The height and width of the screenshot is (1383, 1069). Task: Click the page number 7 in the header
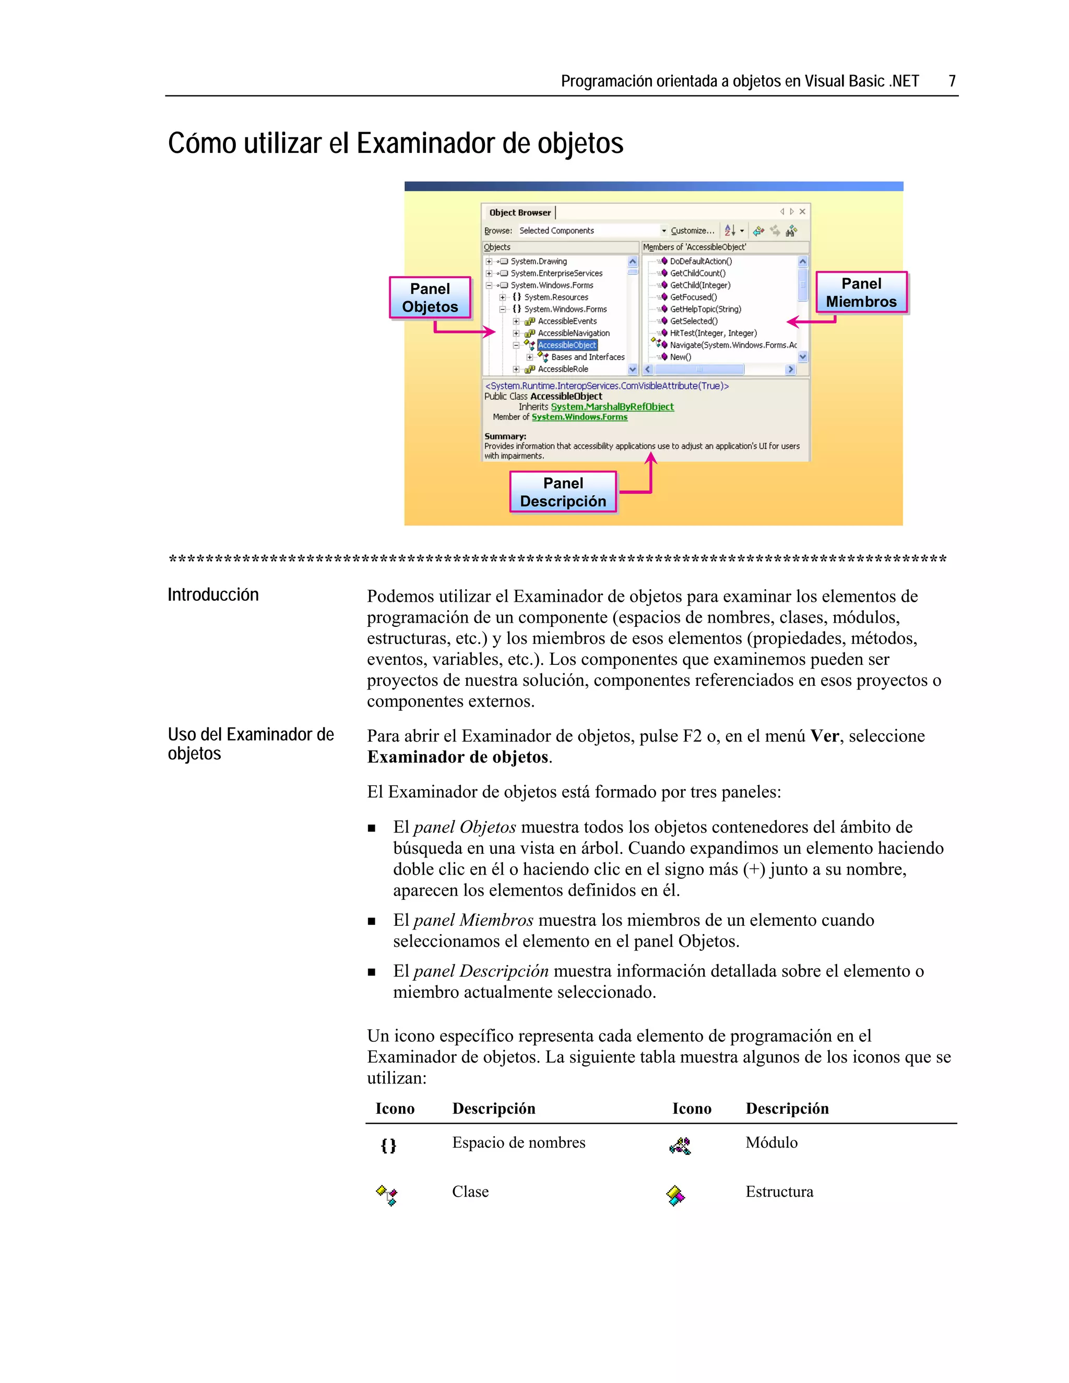pos(951,81)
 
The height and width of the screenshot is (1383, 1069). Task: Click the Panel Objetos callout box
pos(430,297)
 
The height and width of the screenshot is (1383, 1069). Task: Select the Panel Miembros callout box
pos(861,293)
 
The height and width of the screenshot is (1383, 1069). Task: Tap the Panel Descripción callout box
pos(563,492)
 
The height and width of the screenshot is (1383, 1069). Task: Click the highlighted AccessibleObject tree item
pos(567,345)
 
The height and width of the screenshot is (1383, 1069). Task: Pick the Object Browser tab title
pos(519,213)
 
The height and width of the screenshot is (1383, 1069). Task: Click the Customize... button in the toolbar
pos(692,231)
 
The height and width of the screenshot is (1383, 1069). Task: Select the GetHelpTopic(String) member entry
pos(705,309)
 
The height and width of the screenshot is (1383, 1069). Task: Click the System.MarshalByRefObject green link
pos(612,407)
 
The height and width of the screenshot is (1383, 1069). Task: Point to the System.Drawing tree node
pos(538,261)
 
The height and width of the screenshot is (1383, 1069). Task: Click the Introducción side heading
pos(213,594)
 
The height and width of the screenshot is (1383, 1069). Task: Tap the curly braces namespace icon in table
pos(388,1145)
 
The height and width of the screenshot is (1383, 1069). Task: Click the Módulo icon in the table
pos(680,1145)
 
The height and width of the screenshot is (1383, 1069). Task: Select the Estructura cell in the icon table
pos(779,1192)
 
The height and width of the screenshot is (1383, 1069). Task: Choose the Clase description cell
pos(470,1192)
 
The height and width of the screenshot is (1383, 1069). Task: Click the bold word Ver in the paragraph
pos(825,736)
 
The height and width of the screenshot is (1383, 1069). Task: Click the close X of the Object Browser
pos(802,211)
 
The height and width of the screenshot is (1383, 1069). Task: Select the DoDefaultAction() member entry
pos(700,261)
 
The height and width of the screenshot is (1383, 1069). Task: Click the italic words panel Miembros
pos(473,920)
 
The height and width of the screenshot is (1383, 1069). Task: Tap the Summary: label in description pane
pos(505,436)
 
